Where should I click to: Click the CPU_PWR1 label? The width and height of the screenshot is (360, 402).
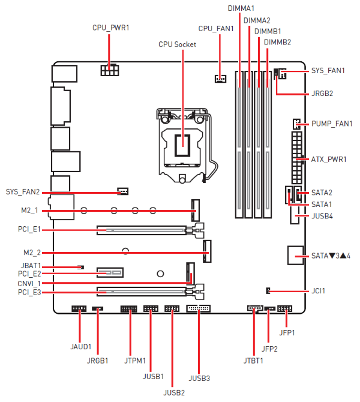110,28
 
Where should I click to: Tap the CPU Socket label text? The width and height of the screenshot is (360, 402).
177,44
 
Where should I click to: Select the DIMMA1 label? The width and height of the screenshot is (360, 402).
241,8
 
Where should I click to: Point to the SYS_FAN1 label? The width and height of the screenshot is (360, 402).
328,71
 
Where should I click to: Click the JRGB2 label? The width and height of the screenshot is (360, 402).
322,94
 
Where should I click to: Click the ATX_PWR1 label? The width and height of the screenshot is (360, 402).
329,160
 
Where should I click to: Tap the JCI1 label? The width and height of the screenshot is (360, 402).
319,291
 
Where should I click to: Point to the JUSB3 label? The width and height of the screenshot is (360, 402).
199,378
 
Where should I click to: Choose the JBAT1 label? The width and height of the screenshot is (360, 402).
31,265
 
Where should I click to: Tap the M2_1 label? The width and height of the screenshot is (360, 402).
29,211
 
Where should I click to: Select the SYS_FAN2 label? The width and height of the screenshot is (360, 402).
23,192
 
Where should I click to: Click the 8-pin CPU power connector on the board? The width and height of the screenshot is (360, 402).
110,71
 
